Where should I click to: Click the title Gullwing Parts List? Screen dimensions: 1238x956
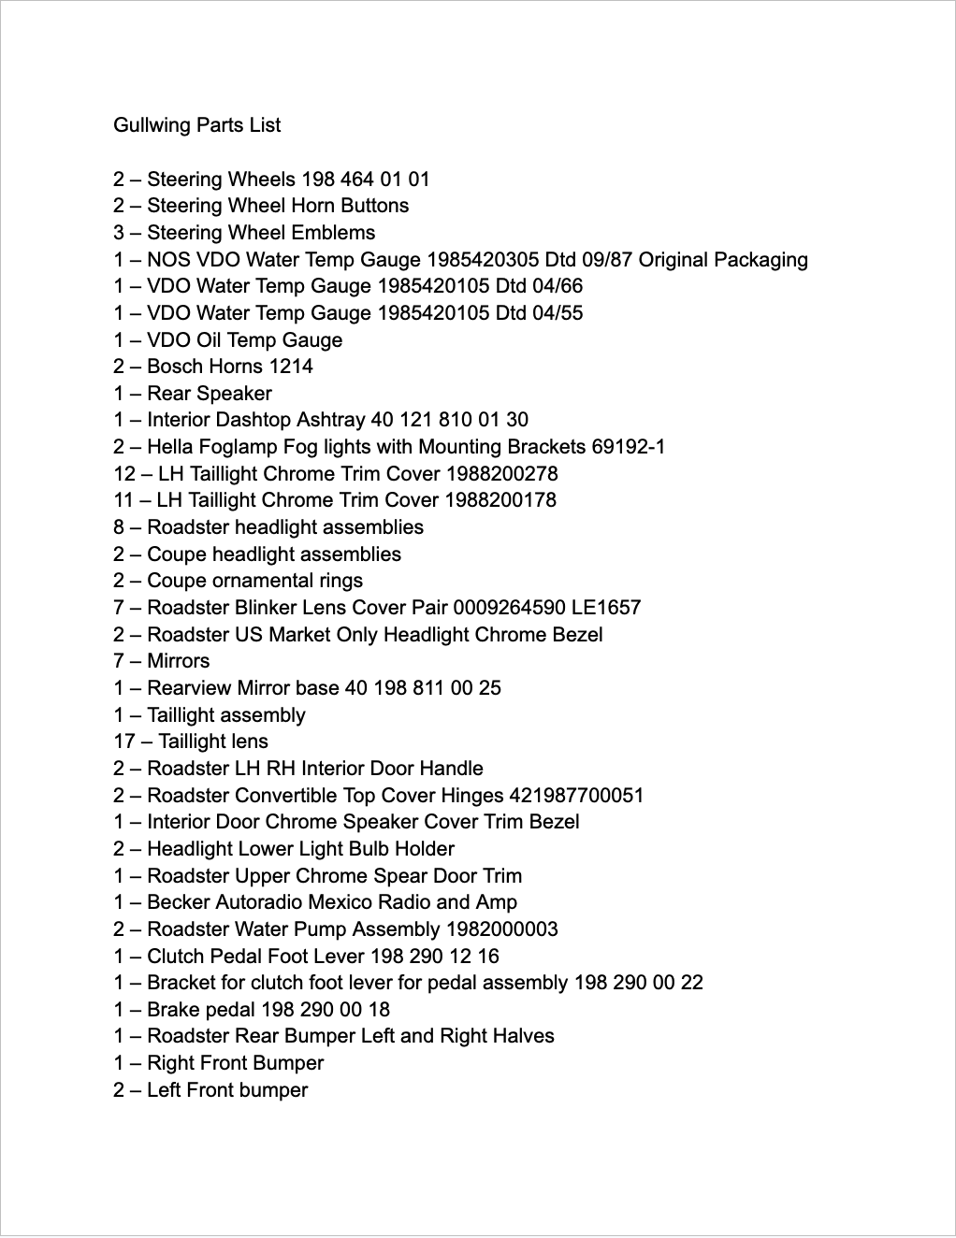(x=197, y=125)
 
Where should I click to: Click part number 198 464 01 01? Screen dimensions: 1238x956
(x=366, y=179)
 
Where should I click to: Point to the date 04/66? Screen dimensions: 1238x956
(x=558, y=286)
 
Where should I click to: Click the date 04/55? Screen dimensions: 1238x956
(x=558, y=313)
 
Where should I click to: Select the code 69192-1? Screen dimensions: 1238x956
(x=629, y=447)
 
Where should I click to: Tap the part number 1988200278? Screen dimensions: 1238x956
(x=501, y=474)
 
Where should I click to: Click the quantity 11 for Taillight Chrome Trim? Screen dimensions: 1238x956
(x=124, y=500)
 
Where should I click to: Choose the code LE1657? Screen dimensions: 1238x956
(x=606, y=608)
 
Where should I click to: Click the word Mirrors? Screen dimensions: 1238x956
(x=179, y=661)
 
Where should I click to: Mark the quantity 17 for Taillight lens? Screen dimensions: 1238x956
(x=124, y=741)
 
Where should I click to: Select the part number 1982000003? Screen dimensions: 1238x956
(x=501, y=929)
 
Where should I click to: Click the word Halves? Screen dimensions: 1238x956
(x=525, y=1036)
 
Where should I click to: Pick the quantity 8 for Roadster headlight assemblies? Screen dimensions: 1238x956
(x=119, y=527)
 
